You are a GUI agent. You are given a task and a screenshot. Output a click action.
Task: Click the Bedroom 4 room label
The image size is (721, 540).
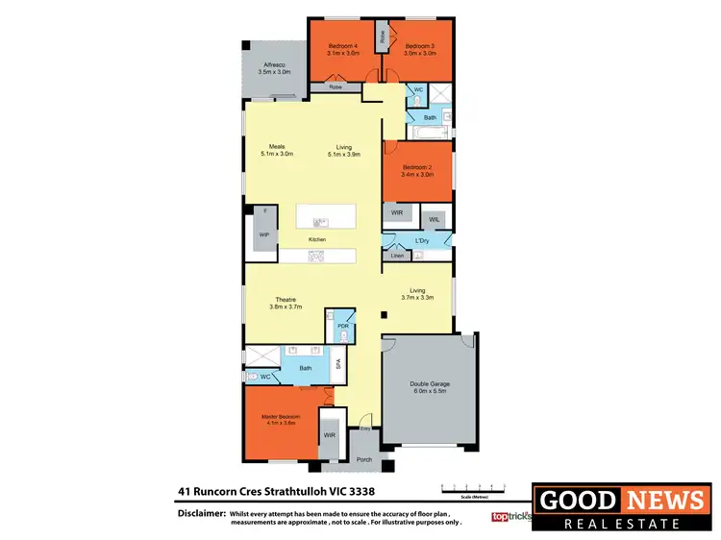point(342,46)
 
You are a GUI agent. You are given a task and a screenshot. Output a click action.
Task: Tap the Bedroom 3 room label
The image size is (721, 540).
point(420,46)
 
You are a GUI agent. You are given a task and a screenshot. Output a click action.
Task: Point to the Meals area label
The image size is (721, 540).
point(276,147)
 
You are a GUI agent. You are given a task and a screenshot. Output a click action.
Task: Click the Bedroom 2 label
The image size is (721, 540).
point(416,168)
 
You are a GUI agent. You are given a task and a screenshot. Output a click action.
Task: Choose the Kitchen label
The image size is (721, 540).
point(317,239)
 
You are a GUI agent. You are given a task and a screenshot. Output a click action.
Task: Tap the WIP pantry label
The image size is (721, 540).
point(263,233)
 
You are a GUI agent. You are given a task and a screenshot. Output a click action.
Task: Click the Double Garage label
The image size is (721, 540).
point(432,384)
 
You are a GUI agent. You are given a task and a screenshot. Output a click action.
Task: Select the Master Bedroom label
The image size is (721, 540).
point(282,416)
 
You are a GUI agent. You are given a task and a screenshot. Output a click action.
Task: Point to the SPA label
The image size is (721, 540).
point(338,364)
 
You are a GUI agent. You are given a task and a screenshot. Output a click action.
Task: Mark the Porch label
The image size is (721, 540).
point(364,459)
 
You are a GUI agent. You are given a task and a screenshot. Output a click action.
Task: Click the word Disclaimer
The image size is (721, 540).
point(201,514)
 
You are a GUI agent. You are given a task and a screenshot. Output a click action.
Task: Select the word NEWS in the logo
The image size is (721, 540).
point(665,500)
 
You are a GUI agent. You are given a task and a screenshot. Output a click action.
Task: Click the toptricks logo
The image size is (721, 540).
point(510,516)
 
